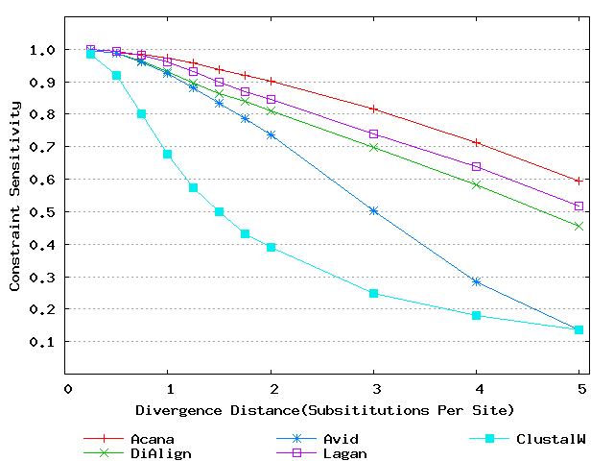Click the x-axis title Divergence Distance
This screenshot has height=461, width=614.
pyautogui.click(x=325, y=409)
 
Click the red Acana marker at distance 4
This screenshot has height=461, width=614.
pyautogui.click(x=476, y=142)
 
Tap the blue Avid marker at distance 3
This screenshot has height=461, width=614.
pyautogui.click(x=373, y=210)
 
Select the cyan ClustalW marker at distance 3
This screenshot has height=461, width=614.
pyautogui.click(x=373, y=293)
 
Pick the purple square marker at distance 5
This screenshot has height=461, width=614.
pyautogui.click(x=579, y=206)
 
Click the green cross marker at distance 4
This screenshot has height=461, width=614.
pyautogui.click(x=476, y=184)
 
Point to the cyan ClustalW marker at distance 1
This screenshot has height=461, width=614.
pyautogui.click(x=168, y=154)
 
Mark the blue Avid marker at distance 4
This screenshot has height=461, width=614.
pyautogui.click(x=476, y=281)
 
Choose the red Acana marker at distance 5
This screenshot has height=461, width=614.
pyautogui.click(x=579, y=181)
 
